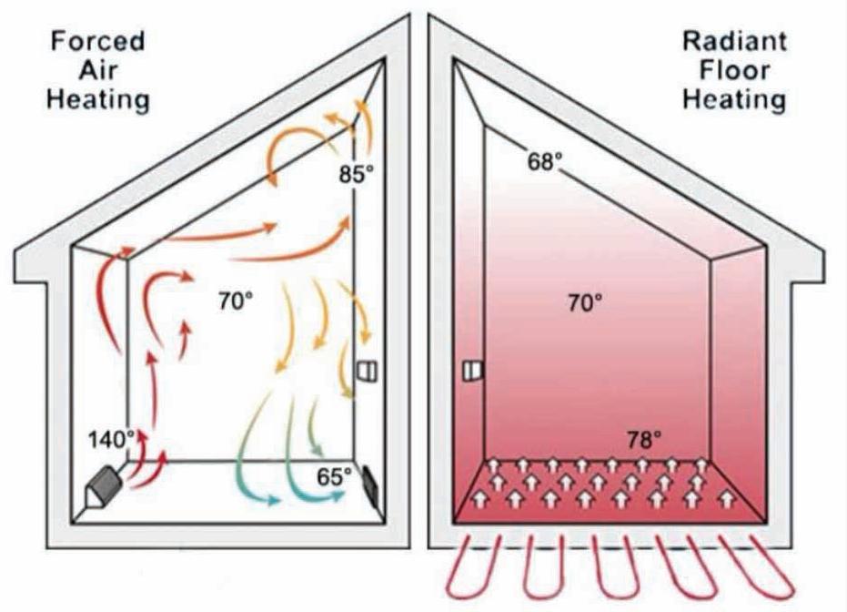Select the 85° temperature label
pyautogui.click(x=357, y=173)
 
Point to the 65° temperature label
pyautogui.click(x=335, y=476)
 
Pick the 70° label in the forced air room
pyautogui.click(x=235, y=300)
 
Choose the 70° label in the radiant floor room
pyautogui.click(x=583, y=301)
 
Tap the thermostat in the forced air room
pyautogui.click(x=368, y=372)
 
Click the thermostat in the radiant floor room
pyautogui.click(x=471, y=370)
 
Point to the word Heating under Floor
pyautogui.click(x=733, y=98)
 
